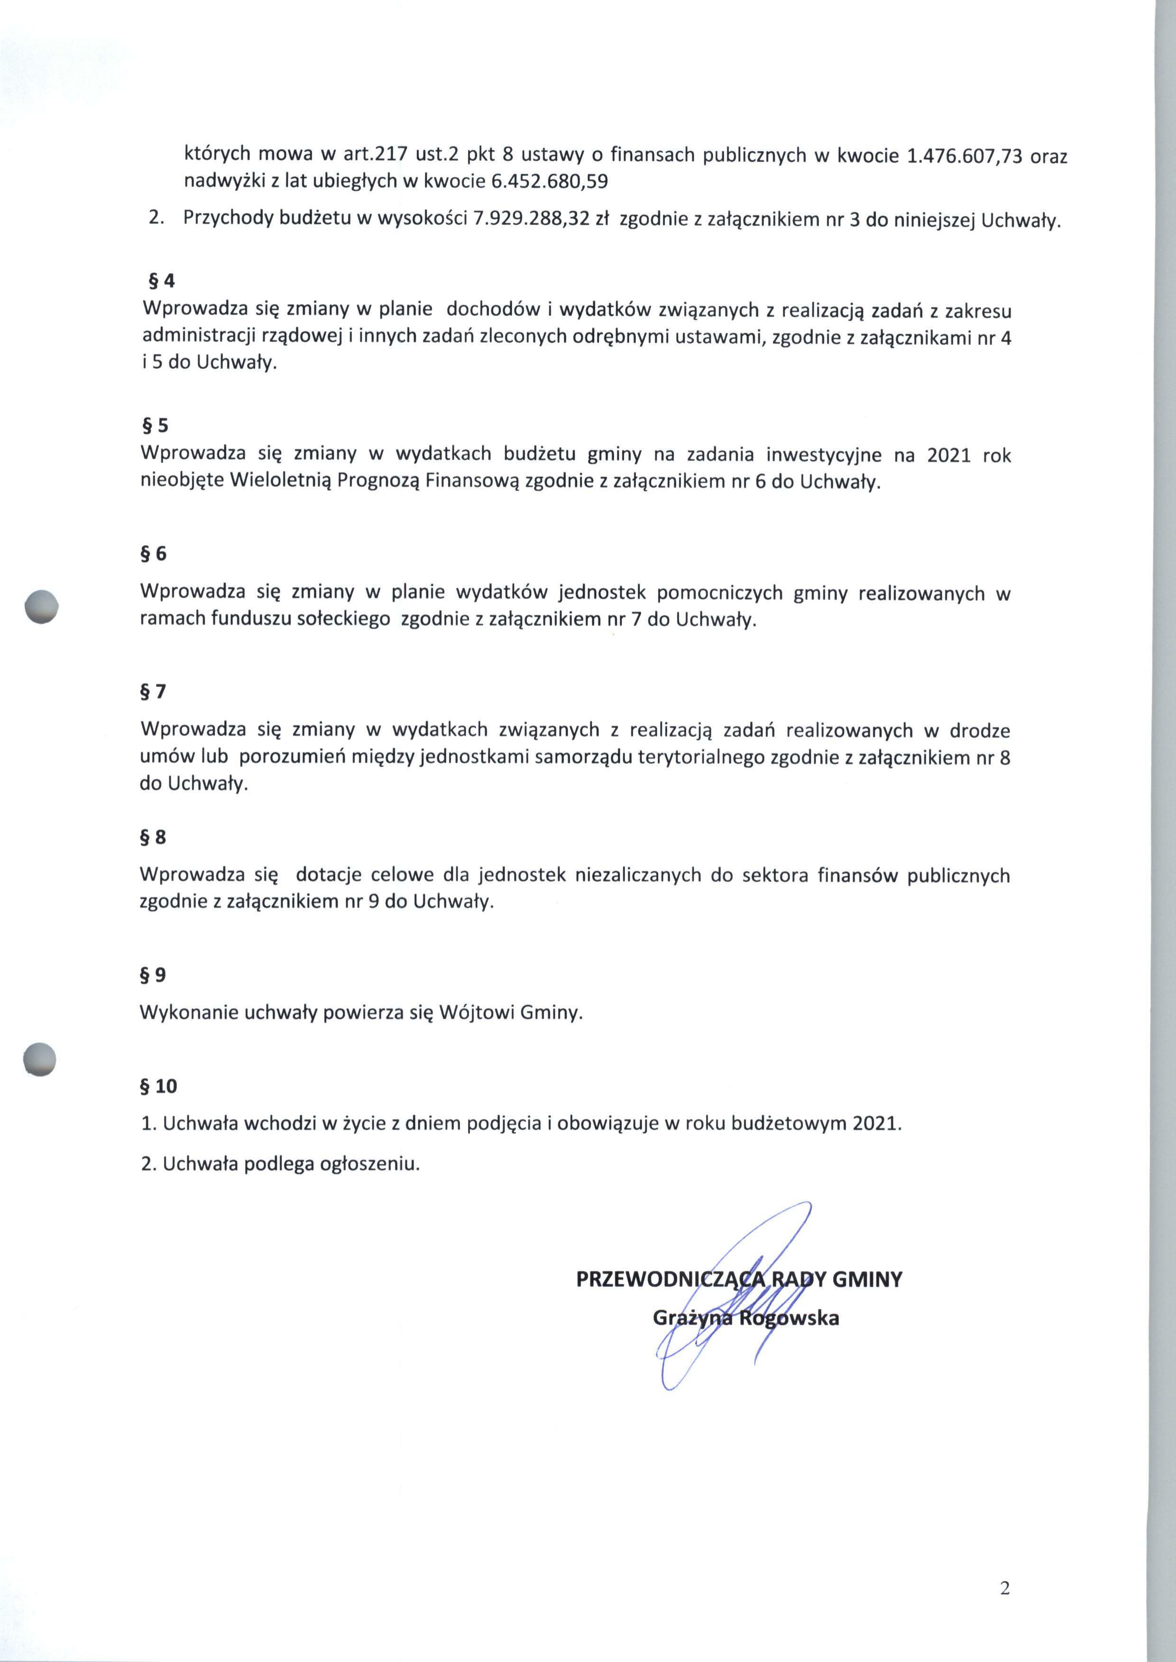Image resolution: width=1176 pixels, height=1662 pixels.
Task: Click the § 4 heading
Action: pyautogui.click(x=162, y=281)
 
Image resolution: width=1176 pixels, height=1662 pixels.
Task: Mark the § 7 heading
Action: pyautogui.click(x=154, y=691)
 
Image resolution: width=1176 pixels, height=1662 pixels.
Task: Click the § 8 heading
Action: pyautogui.click(x=154, y=837)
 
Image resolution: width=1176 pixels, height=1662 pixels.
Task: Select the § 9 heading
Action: pyautogui.click(x=154, y=975)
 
